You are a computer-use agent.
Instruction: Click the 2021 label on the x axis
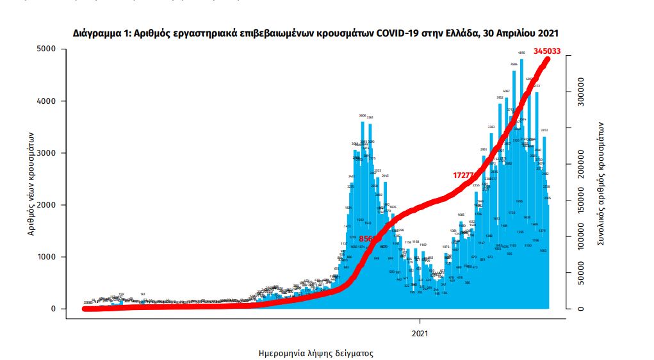[420, 333]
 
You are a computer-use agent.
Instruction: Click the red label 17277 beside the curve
[463, 175]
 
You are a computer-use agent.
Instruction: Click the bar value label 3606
[363, 116]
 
